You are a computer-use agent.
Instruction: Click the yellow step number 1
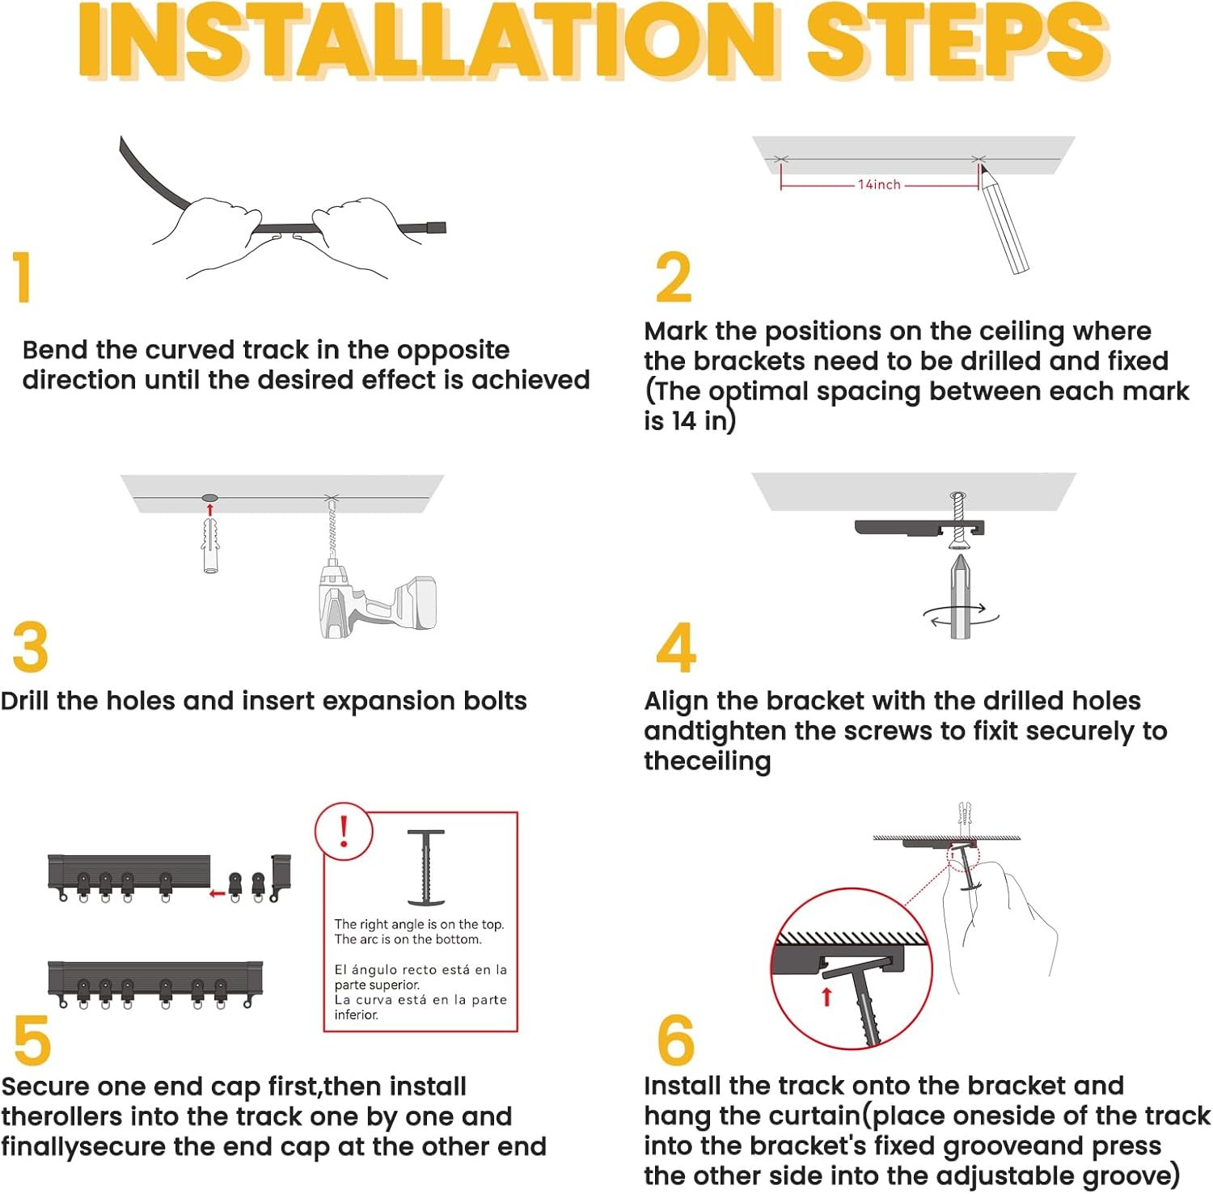click(22, 277)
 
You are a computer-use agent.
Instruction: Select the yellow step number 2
click(674, 277)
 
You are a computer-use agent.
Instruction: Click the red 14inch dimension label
click(879, 184)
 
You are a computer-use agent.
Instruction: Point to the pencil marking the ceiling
click(1003, 217)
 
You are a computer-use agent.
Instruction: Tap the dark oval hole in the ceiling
click(209, 497)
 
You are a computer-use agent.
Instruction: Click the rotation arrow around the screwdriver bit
click(961, 616)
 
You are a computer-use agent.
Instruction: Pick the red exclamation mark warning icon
click(344, 831)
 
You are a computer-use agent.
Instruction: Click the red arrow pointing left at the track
click(217, 893)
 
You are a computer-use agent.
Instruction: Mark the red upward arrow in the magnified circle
click(826, 996)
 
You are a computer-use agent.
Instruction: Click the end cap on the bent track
click(436, 227)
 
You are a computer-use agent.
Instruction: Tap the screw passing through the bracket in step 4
click(959, 519)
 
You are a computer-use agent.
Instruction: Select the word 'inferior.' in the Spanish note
click(357, 1015)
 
